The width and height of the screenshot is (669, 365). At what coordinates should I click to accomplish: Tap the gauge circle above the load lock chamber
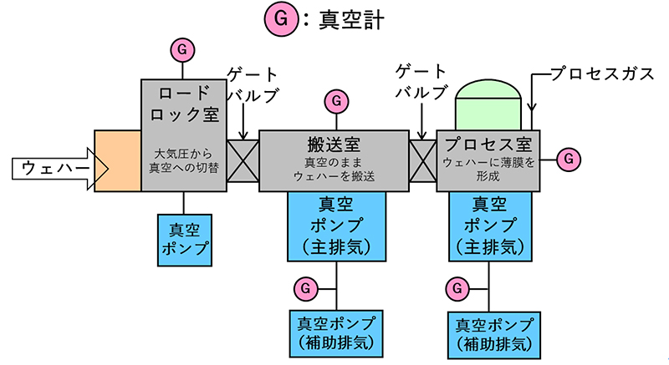[181, 49]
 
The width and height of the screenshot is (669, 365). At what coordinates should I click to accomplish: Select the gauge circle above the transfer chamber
[335, 101]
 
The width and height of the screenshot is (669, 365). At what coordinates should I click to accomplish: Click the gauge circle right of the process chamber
[569, 156]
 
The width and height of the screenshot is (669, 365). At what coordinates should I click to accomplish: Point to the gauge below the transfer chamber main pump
[305, 288]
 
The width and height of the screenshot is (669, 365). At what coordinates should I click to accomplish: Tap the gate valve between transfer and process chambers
[422, 159]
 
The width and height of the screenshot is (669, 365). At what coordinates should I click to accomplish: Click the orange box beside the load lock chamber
[117, 160]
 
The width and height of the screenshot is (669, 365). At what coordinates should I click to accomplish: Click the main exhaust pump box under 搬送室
[335, 225]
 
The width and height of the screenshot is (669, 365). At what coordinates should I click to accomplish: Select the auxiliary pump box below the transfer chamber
[335, 332]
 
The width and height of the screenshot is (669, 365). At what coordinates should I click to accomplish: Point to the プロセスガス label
[602, 74]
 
